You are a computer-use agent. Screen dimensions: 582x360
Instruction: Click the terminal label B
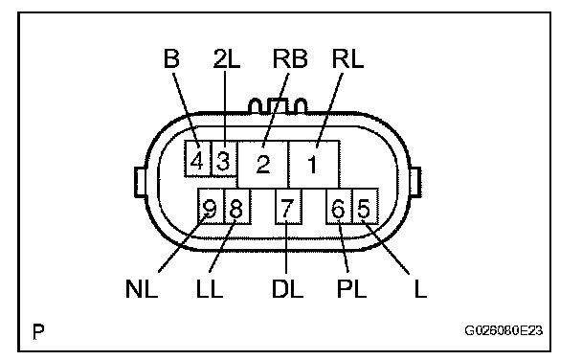(x=171, y=58)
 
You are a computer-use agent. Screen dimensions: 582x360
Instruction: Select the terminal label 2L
(x=227, y=58)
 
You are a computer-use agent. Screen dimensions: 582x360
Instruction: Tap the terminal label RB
(x=290, y=58)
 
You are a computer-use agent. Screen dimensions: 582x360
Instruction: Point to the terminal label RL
(x=347, y=58)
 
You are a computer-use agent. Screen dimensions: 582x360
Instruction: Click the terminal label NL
(x=142, y=288)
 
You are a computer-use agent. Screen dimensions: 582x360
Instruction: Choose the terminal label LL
(x=210, y=288)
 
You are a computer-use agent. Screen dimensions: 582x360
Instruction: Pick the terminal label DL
(x=287, y=288)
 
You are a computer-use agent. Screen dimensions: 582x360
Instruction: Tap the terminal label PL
(x=351, y=288)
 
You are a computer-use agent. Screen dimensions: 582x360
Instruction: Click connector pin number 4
(x=198, y=159)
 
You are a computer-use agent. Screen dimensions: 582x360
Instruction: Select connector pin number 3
(x=224, y=159)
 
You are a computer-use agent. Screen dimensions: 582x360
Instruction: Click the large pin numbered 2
(x=263, y=164)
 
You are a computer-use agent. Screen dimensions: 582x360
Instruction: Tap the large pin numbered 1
(x=314, y=164)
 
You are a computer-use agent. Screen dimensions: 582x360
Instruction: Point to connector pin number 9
(x=211, y=207)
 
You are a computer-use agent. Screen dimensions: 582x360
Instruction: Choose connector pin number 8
(x=237, y=207)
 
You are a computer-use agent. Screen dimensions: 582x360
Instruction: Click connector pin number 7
(x=288, y=207)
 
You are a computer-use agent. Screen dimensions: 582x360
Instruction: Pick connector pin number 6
(x=339, y=207)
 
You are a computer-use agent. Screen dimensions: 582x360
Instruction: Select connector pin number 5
(x=365, y=207)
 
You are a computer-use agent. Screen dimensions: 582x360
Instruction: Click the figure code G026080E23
(x=504, y=330)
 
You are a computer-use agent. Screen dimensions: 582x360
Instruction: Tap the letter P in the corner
(x=38, y=331)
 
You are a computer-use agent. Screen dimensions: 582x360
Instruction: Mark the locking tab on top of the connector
(x=278, y=105)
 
